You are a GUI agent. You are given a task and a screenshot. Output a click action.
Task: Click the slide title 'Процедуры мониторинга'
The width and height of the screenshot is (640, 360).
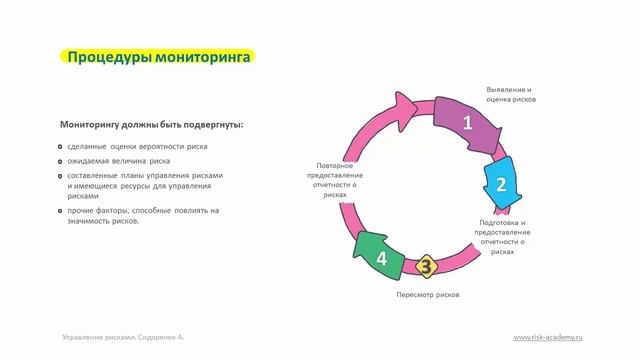pyautogui.click(x=158, y=57)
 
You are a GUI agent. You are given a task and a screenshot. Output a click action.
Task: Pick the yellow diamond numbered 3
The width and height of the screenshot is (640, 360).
pyautogui.click(x=425, y=266)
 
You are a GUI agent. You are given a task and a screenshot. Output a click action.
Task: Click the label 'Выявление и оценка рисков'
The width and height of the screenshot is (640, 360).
pyautogui.click(x=510, y=95)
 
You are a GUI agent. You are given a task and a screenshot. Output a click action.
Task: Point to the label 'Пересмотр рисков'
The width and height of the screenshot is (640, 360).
pyautogui.click(x=428, y=296)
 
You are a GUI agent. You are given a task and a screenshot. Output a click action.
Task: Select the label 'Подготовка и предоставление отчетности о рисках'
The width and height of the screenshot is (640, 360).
pyautogui.click(x=502, y=236)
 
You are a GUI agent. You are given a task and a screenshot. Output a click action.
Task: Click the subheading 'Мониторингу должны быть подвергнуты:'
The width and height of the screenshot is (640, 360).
pyautogui.click(x=151, y=125)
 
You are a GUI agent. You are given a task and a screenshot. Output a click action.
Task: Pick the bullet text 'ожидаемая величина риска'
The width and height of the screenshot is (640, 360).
pyautogui.click(x=119, y=160)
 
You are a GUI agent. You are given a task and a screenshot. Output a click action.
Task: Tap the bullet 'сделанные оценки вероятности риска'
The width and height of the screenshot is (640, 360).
pyautogui.click(x=138, y=146)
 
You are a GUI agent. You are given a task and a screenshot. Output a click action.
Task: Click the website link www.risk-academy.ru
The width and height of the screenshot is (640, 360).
pyautogui.click(x=547, y=337)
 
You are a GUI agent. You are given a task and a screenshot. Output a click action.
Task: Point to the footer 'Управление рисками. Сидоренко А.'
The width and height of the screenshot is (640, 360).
pyautogui.click(x=123, y=337)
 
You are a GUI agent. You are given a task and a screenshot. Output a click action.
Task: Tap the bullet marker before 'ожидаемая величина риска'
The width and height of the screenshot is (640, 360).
pyautogui.click(x=61, y=161)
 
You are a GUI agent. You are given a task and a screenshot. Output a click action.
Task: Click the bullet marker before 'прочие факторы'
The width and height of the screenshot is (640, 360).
pyautogui.click(x=61, y=211)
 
